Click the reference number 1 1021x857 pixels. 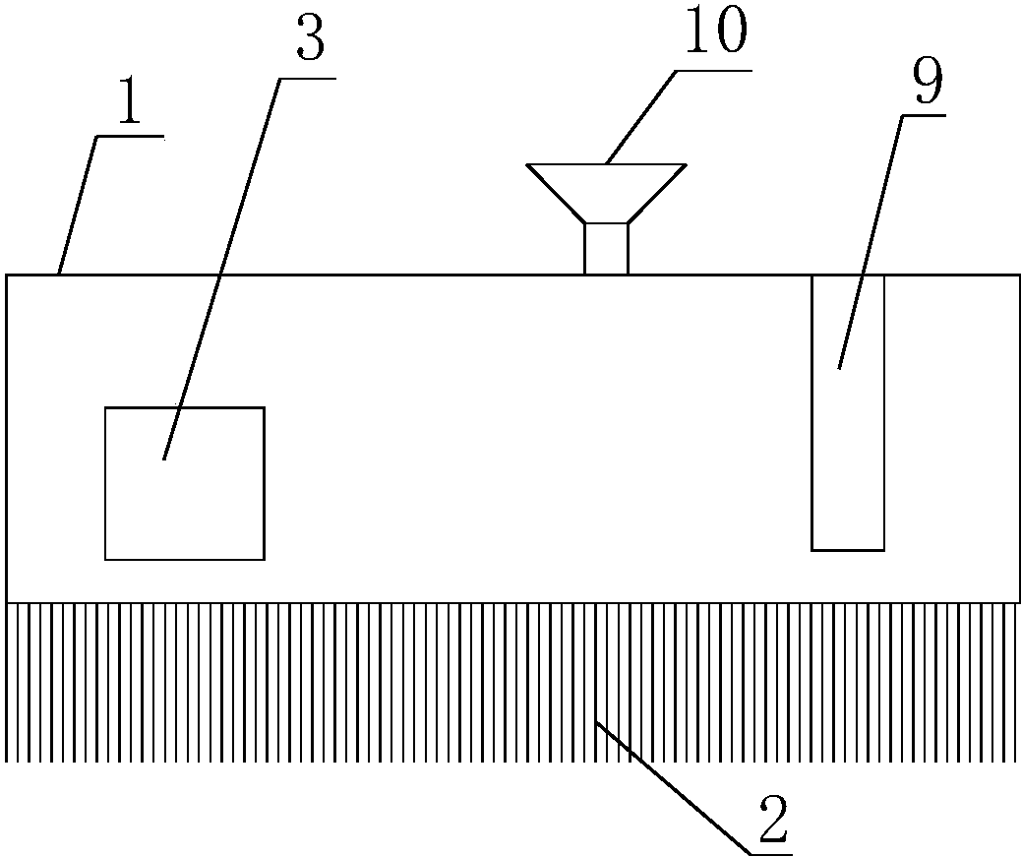pyautogui.click(x=130, y=103)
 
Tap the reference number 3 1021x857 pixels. pyautogui.click(x=310, y=39)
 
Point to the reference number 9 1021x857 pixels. pyautogui.click(x=928, y=80)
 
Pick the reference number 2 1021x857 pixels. pyautogui.click(x=773, y=820)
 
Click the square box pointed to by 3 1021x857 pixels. pyautogui.click(x=185, y=483)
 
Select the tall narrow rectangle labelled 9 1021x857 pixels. pyautogui.click(x=848, y=413)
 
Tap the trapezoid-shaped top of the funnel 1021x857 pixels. pyautogui.click(x=606, y=194)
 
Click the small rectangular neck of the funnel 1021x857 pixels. pyautogui.click(x=606, y=249)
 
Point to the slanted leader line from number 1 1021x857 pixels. pyautogui.click(x=78, y=205)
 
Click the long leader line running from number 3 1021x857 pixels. pyautogui.click(x=221, y=269)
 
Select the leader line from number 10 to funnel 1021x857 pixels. pyautogui.click(x=640, y=116)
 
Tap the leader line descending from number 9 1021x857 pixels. pyautogui.click(x=871, y=242)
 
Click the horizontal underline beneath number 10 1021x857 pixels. pyautogui.click(x=714, y=70)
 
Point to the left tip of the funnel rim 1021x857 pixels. pyautogui.click(x=527, y=164)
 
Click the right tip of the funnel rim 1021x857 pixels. pyautogui.click(x=687, y=164)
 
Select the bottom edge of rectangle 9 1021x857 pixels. pyautogui.click(x=848, y=550)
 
